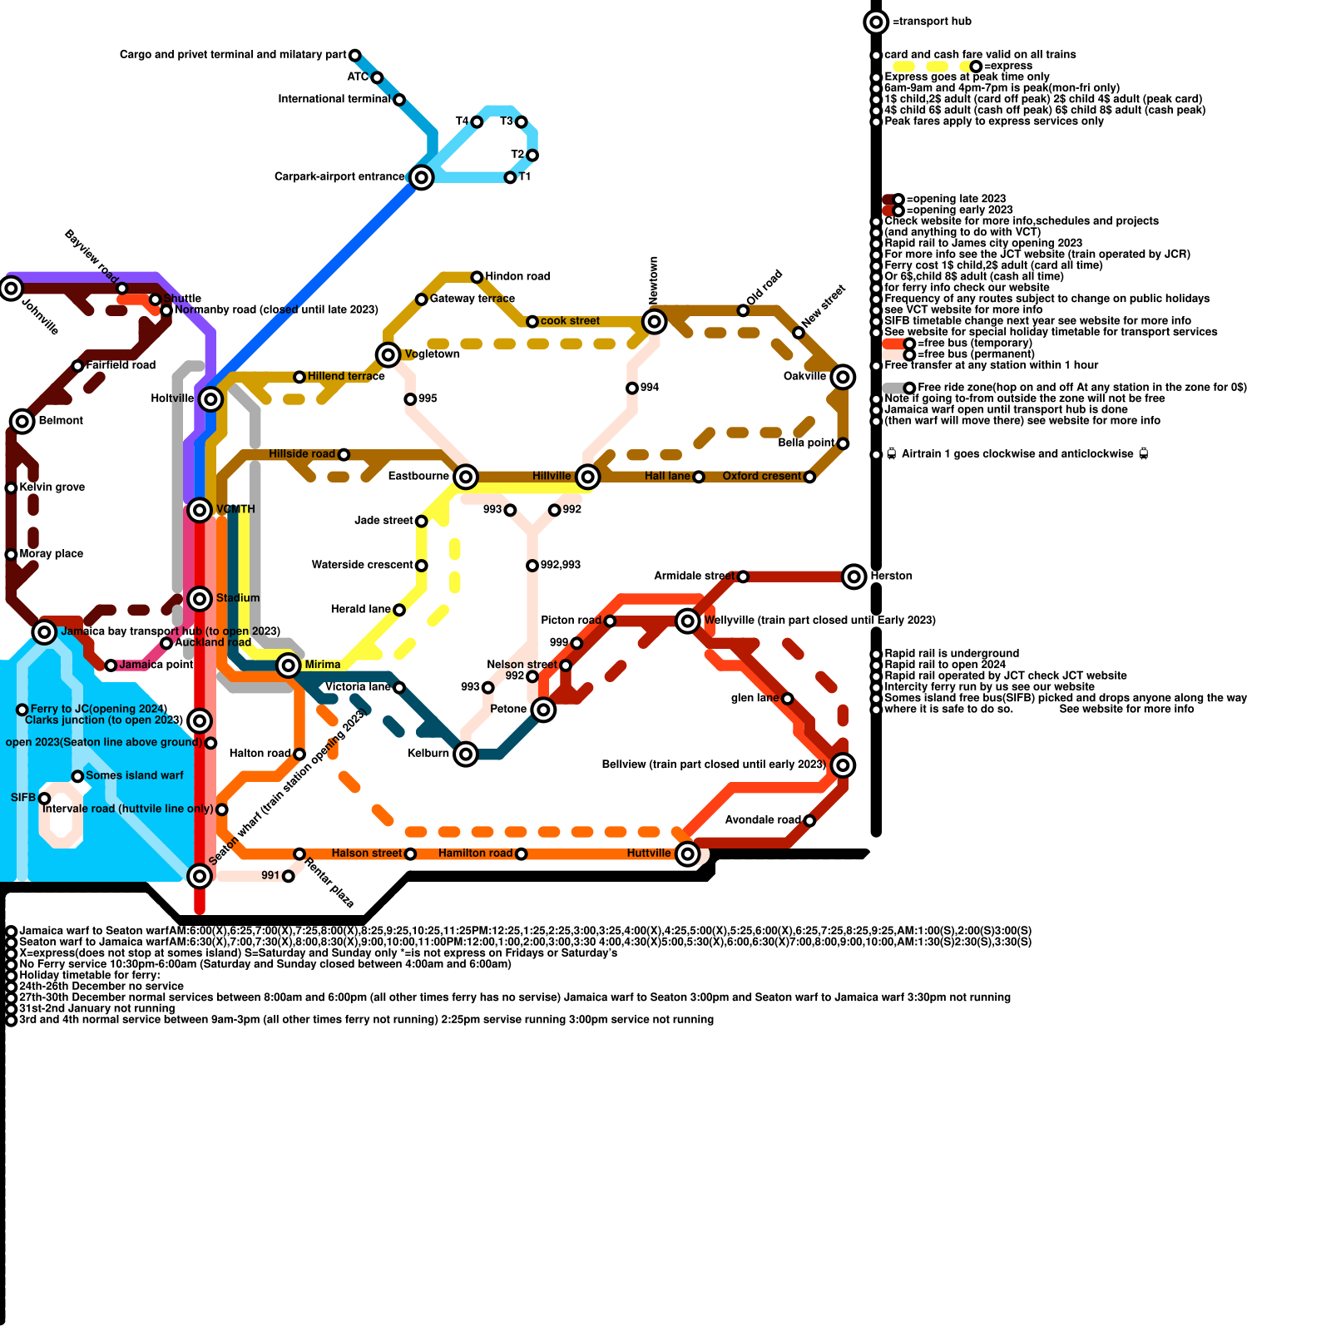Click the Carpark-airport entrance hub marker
coord(422,177)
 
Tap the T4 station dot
coord(477,122)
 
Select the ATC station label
coord(358,77)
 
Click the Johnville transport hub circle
coord(11,289)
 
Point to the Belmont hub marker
coord(22,421)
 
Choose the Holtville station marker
coord(211,399)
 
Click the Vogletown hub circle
coord(388,355)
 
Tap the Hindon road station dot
coord(477,277)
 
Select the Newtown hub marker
coord(655,321)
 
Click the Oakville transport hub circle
coord(843,377)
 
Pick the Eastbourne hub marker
coord(466,477)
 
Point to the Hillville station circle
coord(588,477)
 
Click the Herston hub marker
coord(854,576)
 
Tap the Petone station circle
coord(543,710)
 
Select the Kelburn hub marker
coord(466,755)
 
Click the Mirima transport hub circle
coord(289,665)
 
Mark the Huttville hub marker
coord(687,854)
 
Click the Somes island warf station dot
coord(77,776)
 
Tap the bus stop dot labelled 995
coord(410,399)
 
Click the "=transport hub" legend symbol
coord(876,22)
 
